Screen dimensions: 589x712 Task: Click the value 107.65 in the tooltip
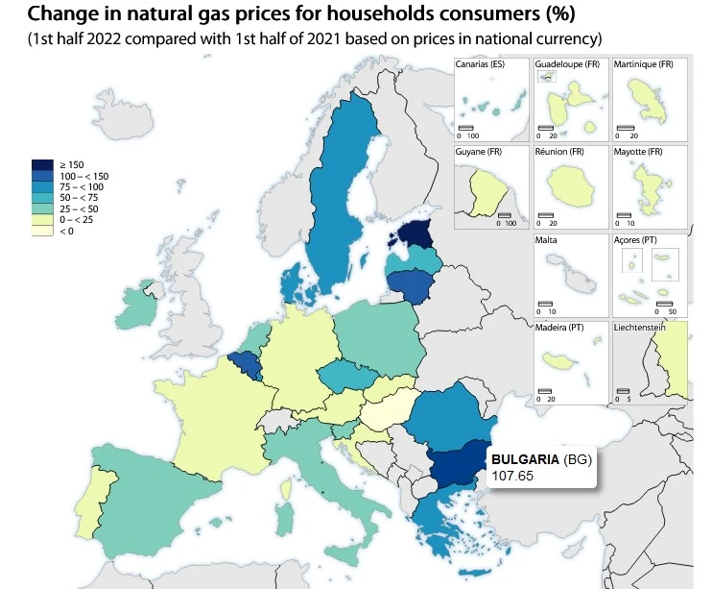click(x=511, y=475)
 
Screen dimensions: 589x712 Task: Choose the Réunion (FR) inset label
click(x=559, y=152)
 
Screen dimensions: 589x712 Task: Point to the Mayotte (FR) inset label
click(x=639, y=152)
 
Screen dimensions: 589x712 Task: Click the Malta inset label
click(x=546, y=240)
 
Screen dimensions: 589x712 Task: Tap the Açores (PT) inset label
click(x=635, y=240)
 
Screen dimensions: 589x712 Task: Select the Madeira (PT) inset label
click(x=559, y=329)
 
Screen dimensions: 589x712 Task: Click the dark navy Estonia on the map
click(x=415, y=233)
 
